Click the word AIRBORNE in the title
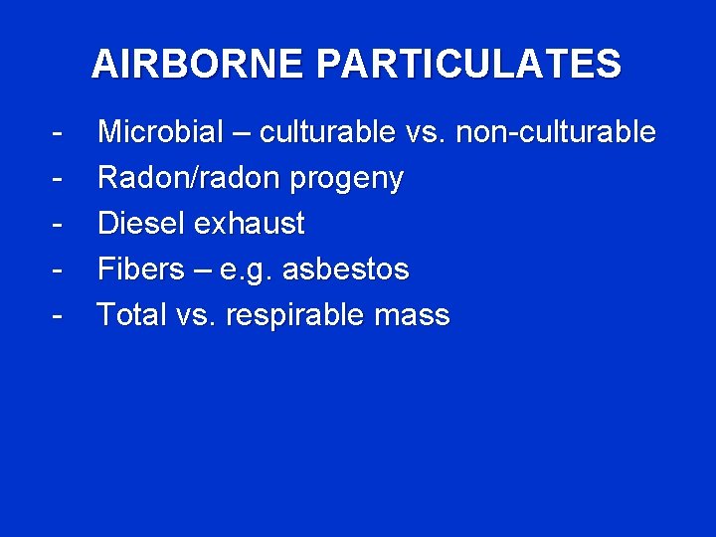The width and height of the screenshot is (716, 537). pyautogui.click(x=200, y=65)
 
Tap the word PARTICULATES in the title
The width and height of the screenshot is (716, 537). pyautogui.click(x=469, y=65)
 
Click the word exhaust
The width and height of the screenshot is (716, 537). pyautogui.click(x=250, y=224)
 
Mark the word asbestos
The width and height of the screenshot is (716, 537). pyautogui.click(x=347, y=269)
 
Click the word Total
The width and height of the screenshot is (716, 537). pyautogui.click(x=132, y=315)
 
